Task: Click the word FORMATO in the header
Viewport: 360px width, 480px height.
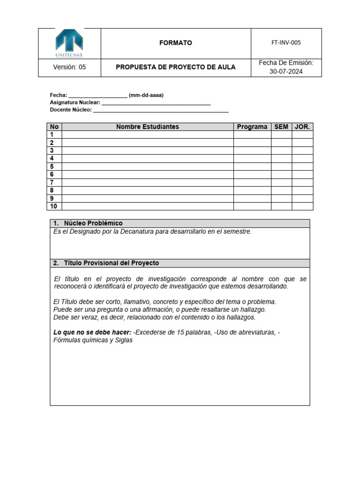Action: click(x=176, y=43)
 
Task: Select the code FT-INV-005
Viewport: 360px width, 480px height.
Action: click(x=286, y=43)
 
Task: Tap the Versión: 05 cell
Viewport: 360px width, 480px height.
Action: click(x=69, y=67)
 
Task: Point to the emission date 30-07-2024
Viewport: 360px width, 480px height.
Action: click(x=286, y=72)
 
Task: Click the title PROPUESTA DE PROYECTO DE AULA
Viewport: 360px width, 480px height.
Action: click(x=176, y=67)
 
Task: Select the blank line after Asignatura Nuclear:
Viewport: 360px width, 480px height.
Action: click(x=156, y=103)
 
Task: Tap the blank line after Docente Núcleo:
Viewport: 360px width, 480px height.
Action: click(x=161, y=110)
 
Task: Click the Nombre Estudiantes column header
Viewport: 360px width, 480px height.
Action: click(x=148, y=127)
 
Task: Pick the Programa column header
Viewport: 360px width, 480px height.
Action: click(x=252, y=127)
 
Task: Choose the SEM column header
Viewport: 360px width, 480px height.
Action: click(x=281, y=127)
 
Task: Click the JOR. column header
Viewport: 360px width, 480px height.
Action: click(x=302, y=127)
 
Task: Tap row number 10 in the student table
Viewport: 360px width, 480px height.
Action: click(x=53, y=206)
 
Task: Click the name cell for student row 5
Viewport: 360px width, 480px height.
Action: click(x=148, y=166)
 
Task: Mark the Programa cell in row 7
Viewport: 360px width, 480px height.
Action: click(x=252, y=182)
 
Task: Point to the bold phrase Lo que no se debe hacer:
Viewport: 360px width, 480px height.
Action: click(x=92, y=332)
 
